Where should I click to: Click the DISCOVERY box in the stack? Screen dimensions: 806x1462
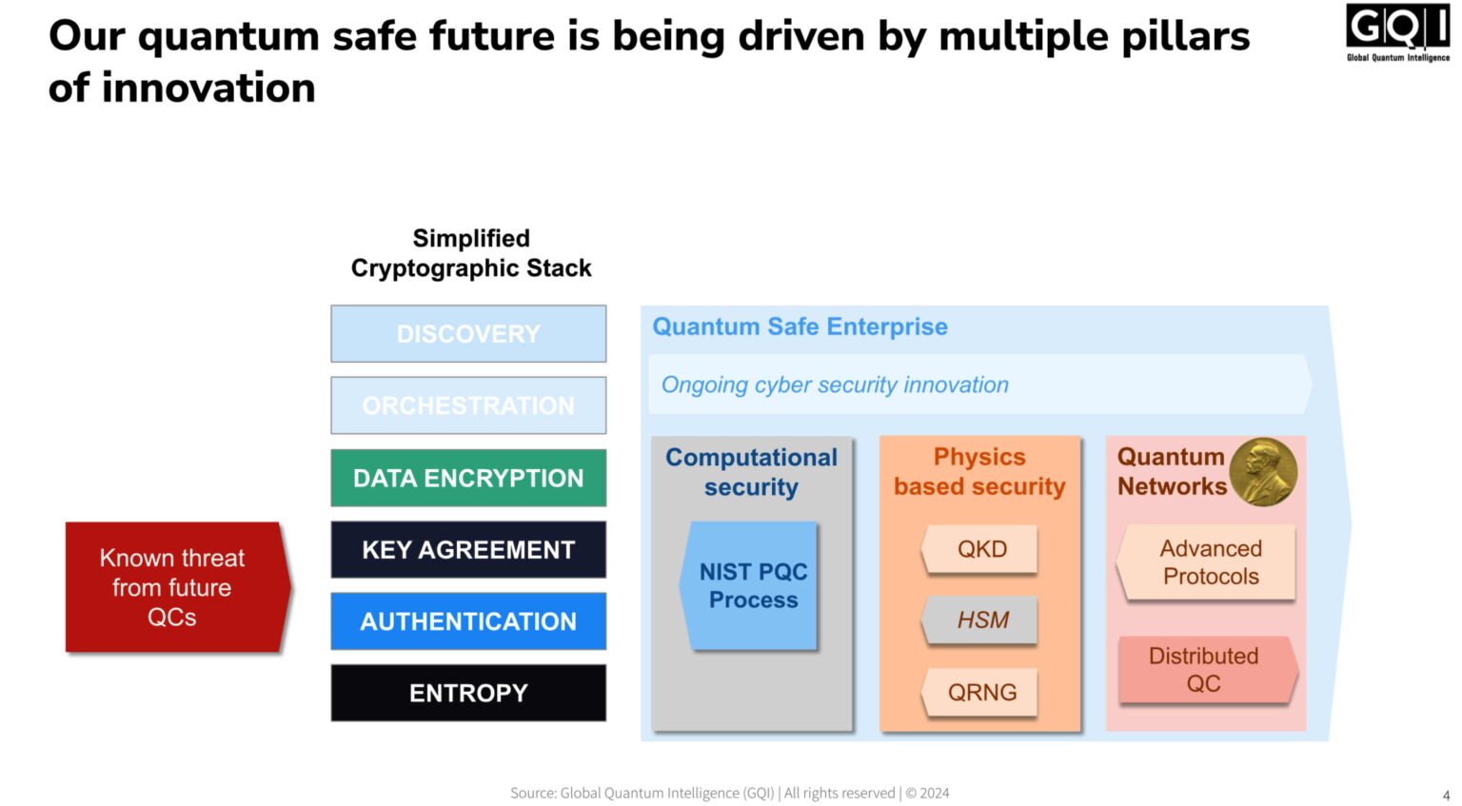[x=468, y=334]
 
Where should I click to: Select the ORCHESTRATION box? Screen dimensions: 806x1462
[x=468, y=405]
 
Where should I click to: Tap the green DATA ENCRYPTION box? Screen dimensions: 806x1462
[x=468, y=478]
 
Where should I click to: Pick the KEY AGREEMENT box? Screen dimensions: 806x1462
[x=468, y=549]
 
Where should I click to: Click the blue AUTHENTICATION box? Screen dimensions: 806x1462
[x=468, y=621]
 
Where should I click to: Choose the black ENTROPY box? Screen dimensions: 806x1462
[x=468, y=693]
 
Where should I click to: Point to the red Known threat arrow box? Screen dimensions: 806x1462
[x=173, y=587]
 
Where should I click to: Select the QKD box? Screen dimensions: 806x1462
[x=981, y=549]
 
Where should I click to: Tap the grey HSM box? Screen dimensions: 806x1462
[x=981, y=620]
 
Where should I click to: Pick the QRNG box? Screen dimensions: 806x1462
[x=981, y=692]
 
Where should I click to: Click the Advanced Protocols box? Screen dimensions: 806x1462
[x=1210, y=562]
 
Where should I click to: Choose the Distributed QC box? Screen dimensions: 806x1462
[x=1204, y=670]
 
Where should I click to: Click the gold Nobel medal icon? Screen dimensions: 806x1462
[x=1263, y=471]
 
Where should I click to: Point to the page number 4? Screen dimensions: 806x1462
[x=1446, y=796]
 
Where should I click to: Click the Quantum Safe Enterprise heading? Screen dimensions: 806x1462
[x=800, y=326]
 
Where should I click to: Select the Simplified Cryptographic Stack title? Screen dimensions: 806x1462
[x=471, y=253]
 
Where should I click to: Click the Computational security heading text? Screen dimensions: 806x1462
[x=751, y=472]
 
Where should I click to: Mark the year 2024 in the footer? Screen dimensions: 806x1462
[x=935, y=793]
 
